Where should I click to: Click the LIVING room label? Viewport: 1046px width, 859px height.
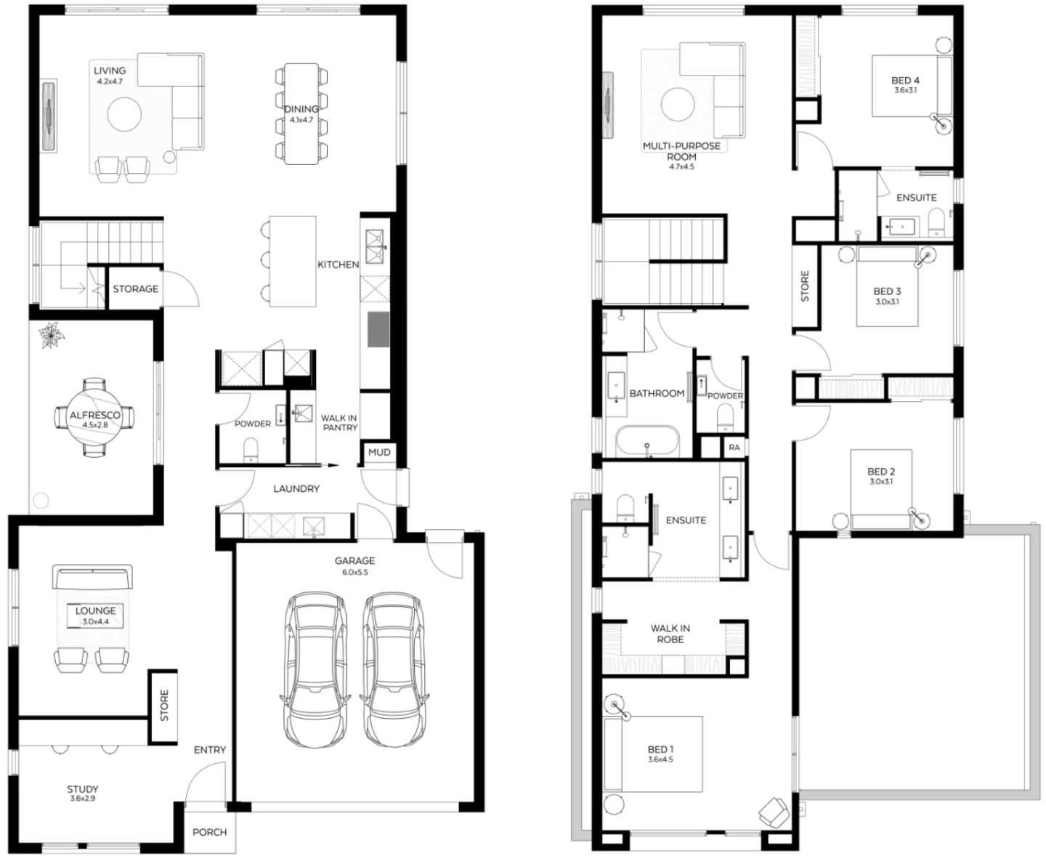pyautogui.click(x=110, y=71)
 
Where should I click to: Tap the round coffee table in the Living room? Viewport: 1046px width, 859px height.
pyautogui.click(x=124, y=114)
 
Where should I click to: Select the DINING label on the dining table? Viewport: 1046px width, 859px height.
pyautogui.click(x=301, y=109)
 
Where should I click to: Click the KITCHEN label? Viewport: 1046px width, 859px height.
pyautogui.click(x=338, y=265)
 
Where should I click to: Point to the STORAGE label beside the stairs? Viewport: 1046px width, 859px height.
pyautogui.click(x=135, y=289)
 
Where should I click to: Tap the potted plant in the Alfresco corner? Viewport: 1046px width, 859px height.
pyautogui.click(x=51, y=336)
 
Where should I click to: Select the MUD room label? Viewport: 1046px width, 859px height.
pyautogui.click(x=379, y=452)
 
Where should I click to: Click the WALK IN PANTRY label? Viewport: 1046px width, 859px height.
pyautogui.click(x=339, y=423)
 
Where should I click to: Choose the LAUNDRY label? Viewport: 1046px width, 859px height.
pyautogui.click(x=296, y=489)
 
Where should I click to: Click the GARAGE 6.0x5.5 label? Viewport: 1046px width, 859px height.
pyautogui.click(x=354, y=565)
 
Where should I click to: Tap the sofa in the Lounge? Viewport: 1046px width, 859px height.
pyautogui.click(x=93, y=576)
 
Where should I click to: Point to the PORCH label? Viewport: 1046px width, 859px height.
pyautogui.click(x=210, y=832)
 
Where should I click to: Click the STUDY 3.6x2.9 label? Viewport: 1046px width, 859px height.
pyautogui.click(x=83, y=793)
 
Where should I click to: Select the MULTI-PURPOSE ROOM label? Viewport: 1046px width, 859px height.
pyautogui.click(x=681, y=151)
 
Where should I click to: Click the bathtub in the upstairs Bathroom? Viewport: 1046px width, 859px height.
pyautogui.click(x=647, y=441)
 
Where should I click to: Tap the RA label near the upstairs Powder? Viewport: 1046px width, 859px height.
pyautogui.click(x=734, y=447)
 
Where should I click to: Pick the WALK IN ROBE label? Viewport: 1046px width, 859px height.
pyautogui.click(x=670, y=634)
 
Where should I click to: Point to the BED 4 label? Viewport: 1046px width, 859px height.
pyautogui.click(x=905, y=81)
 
